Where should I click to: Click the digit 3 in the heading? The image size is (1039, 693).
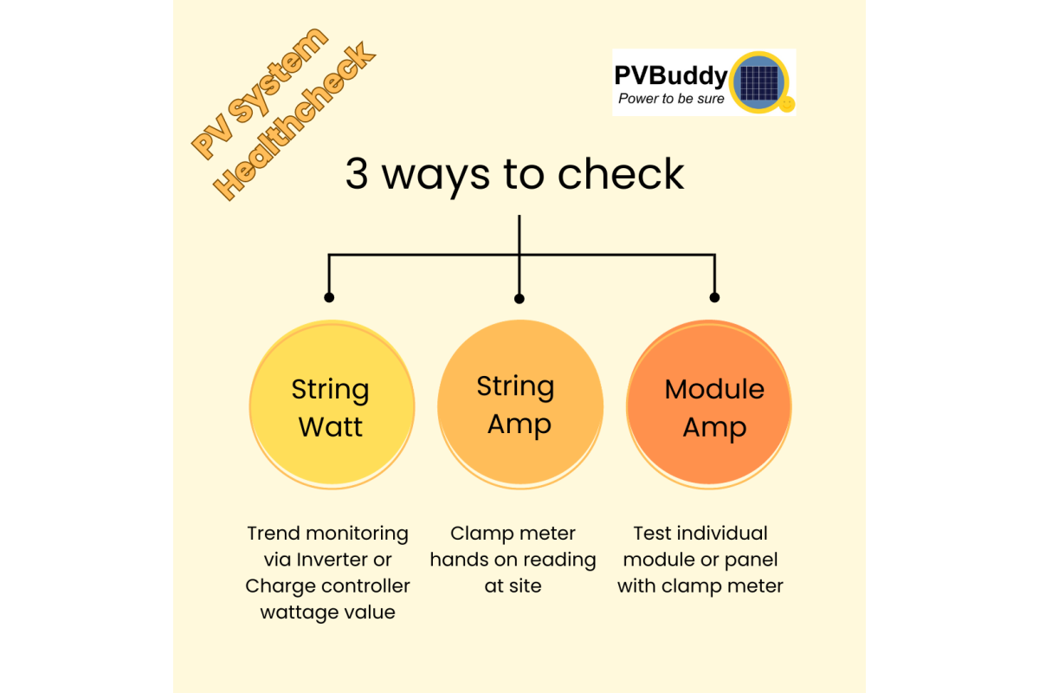[x=357, y=175]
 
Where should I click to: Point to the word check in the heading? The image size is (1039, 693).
[x=621, y=175]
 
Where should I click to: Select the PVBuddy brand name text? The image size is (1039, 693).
[x=671, y=75]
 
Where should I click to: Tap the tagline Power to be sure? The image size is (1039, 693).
[x=671, y=99]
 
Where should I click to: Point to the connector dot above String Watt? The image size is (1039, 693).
[x=329, y=297]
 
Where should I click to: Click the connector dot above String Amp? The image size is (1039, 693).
[x=519, y=298]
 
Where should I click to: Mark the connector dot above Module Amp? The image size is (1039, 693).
[x=714, y=297]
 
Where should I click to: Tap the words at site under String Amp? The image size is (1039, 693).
[x=513, y=586]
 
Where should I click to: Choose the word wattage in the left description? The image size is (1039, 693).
[x=299, y=612]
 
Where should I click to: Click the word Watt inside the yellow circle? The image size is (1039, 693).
[x=331, y=426]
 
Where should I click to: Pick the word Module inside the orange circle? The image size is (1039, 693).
[x=714, y=390]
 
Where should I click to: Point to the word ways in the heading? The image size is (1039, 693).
[x=438, y=175]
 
